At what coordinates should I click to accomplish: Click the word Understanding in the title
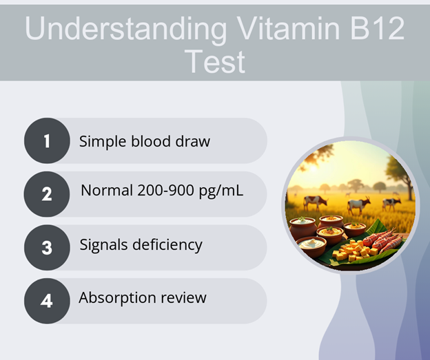[x=126, y=29]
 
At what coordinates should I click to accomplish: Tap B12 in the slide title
[x=378, y=28]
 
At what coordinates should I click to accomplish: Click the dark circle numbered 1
[x=47, y=141]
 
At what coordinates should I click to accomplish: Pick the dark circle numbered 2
[x=47, y=194]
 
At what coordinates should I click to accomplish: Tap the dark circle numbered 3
[x=47, y=247]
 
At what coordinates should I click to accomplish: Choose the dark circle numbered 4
[x=47, y=301]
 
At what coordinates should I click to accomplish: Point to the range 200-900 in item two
[x=165, y=190]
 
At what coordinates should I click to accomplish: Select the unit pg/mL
[x=221, y=191]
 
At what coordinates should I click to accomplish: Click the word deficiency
[x=167, y=244]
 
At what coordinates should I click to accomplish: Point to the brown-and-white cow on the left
[x=316, y=202]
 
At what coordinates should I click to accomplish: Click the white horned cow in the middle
[x=359, y=205]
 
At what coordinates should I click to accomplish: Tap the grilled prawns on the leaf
[x=383, y=240]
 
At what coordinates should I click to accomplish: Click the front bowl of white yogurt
[x=311, y=246]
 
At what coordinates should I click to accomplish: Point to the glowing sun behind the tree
[x=313, y=168]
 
